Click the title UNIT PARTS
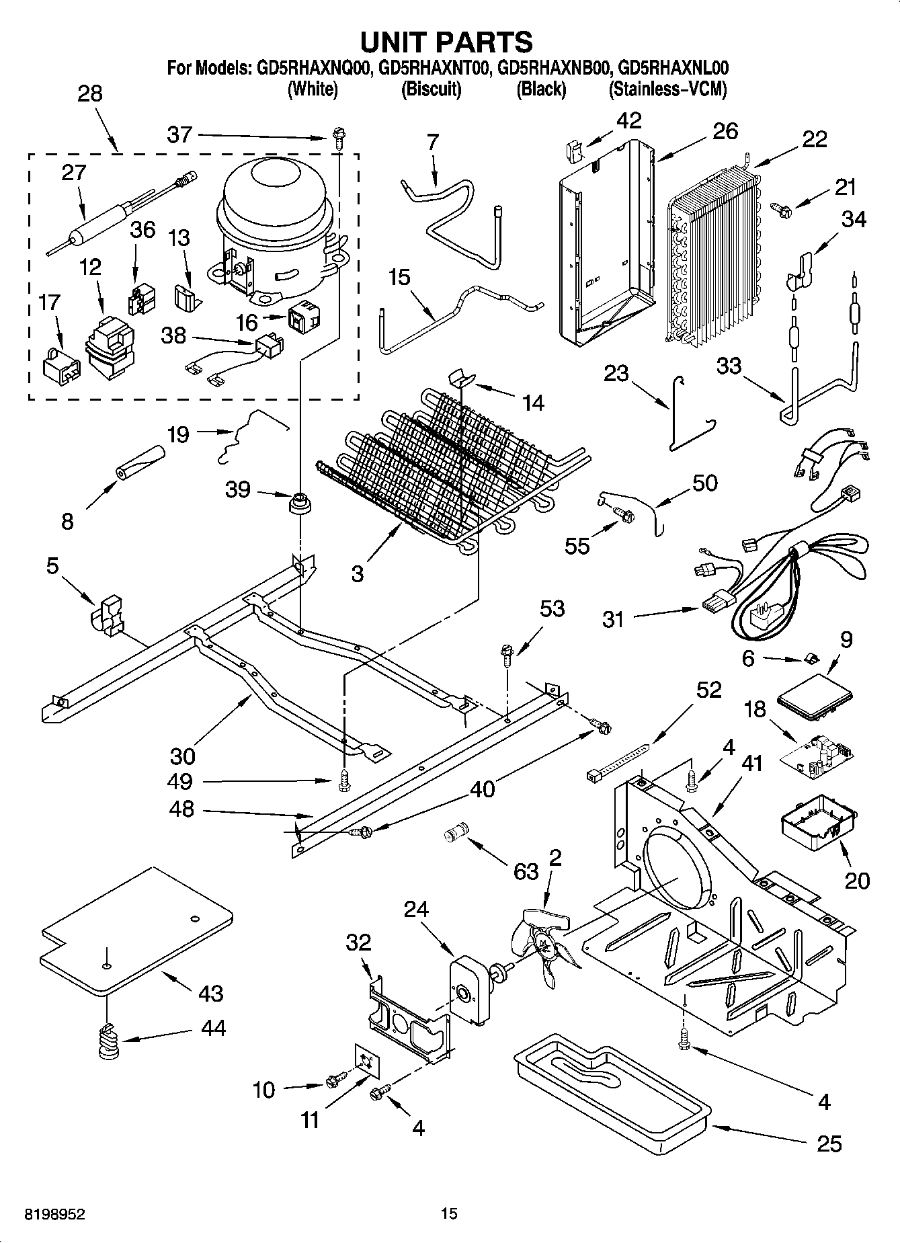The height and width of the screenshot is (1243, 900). pos(446,42)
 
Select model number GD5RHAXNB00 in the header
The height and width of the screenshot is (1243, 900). pos(553,68)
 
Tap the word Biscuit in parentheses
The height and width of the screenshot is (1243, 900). pos(431,89)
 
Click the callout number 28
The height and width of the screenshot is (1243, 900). pos(89,93)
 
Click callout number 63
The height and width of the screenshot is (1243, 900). pos(526,871)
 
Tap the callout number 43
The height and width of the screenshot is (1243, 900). pos(210,992)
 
